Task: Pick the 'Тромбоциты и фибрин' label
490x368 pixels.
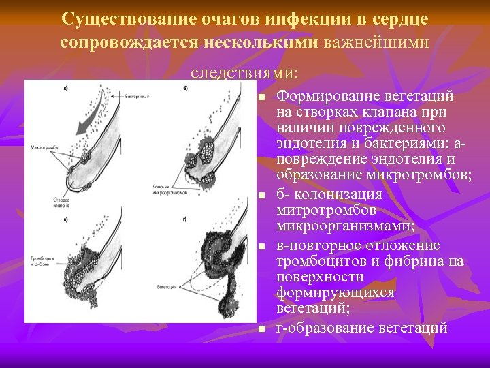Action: pos(39,262)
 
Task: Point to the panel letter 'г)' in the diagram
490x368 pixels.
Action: pos(185,219)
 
